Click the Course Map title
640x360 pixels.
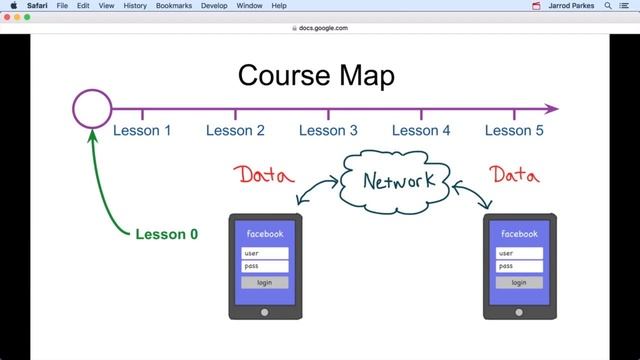click(x=315, y=75)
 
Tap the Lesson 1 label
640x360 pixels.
click(x=142, y=130)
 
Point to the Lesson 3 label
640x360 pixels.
click(x=328, y=130)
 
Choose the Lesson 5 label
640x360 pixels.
click(x=514, y=130)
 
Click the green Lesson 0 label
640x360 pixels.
click(x=166, y=235)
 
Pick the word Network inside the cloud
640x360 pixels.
click(x=398, y=181)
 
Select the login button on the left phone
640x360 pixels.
click(x=265, y=282)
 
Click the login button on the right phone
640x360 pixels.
click(x=519, y=282)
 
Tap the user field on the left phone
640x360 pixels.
click(x=265, y=253)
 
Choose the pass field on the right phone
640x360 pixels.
click(x=519, y=266)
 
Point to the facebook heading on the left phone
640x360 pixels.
click(x=265, y=234)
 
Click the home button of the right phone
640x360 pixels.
click(x=519, y=311)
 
